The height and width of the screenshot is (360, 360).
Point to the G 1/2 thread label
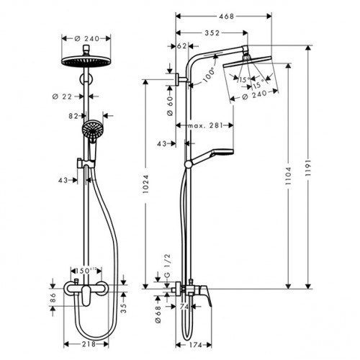click(169, 274)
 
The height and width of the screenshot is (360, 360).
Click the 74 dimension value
click(184, 307)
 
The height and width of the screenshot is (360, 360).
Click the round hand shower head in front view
click(91, 131)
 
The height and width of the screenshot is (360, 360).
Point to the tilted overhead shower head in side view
click(248, 68)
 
